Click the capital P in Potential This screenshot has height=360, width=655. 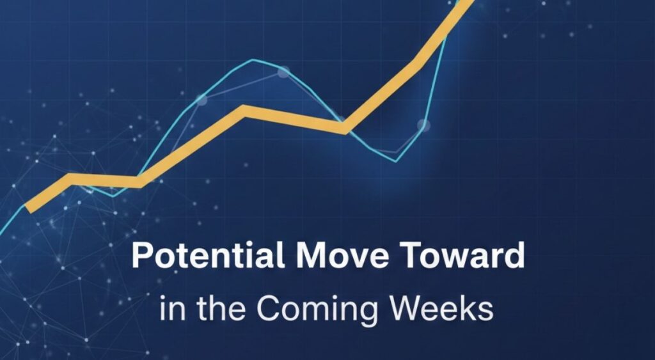pos(139,257)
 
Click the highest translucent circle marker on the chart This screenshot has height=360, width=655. pos(283,72)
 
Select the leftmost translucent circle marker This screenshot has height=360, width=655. pos(201,100)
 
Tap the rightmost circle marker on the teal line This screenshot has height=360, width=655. pos(423,125)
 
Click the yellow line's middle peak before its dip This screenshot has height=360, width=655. pos(244,111)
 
